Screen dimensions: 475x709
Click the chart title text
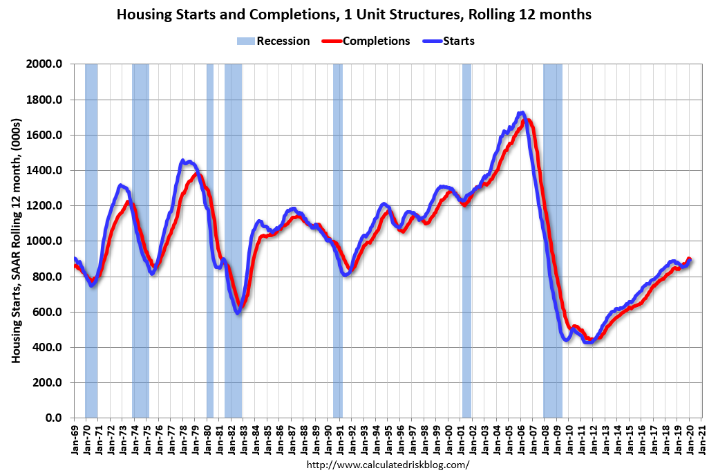coord(354,15)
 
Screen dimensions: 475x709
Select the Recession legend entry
coord(274,41)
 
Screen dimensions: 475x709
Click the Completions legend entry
coord(367,41)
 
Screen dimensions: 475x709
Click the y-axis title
coord(16,241)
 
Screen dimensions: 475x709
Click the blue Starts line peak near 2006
coord(522,113)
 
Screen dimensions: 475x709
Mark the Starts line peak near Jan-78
coord(183,162)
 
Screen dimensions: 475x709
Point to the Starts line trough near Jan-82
coord(238,313)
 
